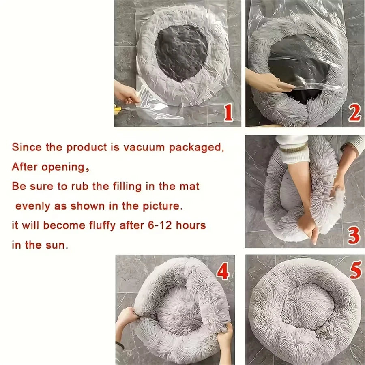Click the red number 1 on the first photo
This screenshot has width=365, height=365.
[x=228, y=113]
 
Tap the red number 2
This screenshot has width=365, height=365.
[x=354, y=114]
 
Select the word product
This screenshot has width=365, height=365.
[x=86, y=147]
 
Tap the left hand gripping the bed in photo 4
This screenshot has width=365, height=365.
[x=127, y=316]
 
